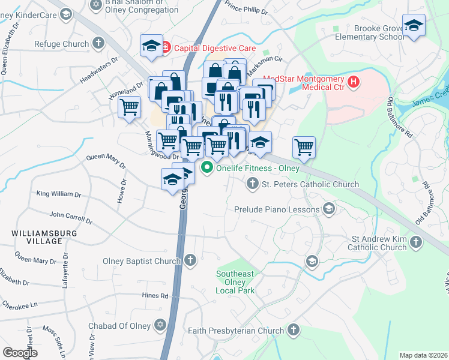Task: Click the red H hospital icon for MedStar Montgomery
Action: [354, 82]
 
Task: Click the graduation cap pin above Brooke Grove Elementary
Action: [414, 26]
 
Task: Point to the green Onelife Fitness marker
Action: [208, 167]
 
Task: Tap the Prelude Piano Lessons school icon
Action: [328, 208]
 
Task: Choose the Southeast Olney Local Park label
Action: [235, 282]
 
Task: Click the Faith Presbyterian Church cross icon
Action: [293, 329]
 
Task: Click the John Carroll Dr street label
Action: [70, 217]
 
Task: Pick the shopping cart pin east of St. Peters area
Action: [304, 146]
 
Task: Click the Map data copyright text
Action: [423, 355]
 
